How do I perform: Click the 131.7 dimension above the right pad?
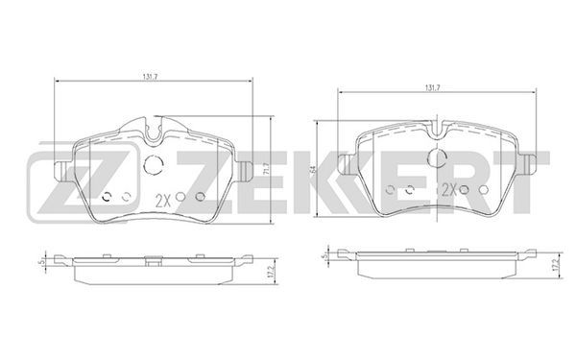coord(433,87)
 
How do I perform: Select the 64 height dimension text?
coord(313,169)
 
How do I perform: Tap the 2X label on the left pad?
coord(164,201)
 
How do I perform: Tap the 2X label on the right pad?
coord(448,189)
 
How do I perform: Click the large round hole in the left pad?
coord(154,164)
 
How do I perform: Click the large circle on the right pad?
coord(437,158)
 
